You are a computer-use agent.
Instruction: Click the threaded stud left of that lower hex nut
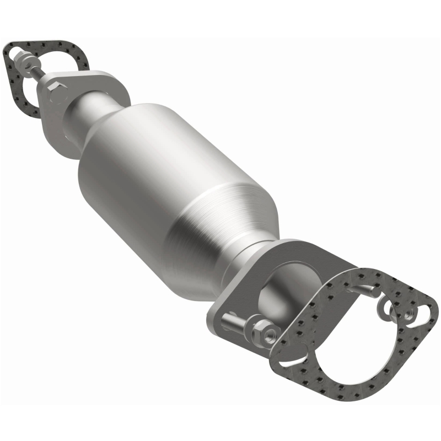pyautogui.click(x=234, y=322)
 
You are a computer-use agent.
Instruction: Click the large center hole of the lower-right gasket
pyautogui.click(x=345, y=331)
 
